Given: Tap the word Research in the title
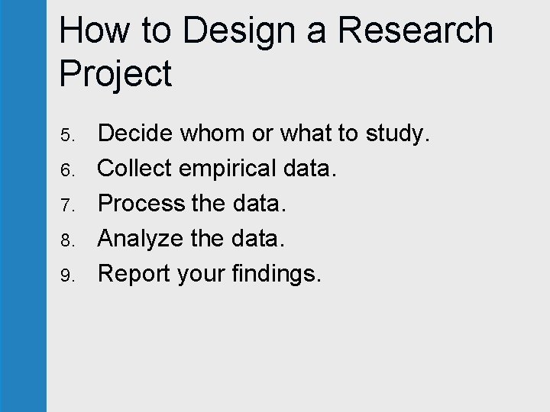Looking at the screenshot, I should tap(416, 31).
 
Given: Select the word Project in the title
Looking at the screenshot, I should tap(115, 74).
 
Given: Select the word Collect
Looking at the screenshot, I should tap(135, 169).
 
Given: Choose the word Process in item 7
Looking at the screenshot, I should tap(142, 204).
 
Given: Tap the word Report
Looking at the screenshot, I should tap(134, 274).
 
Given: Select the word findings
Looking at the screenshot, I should tap(276, 274).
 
